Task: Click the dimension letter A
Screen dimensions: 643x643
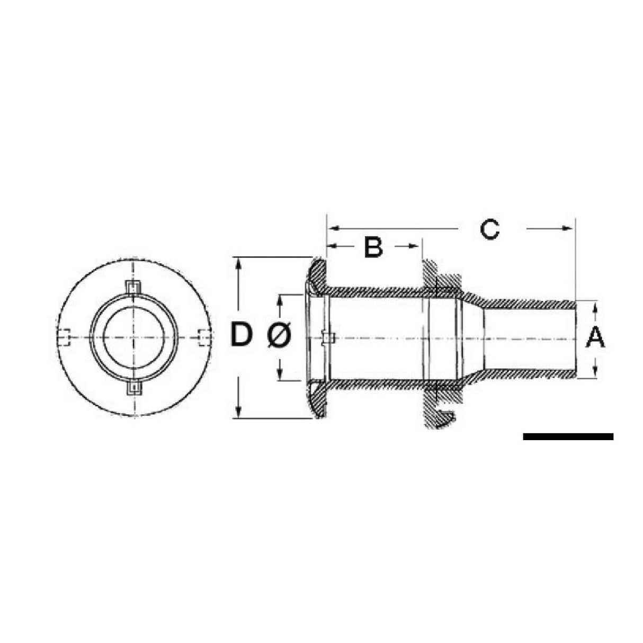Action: [x=595, y=337]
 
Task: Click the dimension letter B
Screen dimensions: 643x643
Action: [x=373, y=247]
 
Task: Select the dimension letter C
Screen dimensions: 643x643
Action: [x=489, y=229]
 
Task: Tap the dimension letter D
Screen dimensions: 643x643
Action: [x=242, y=336]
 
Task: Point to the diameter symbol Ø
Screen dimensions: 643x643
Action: [x=279, y=336]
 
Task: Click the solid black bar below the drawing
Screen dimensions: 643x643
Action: [x=568, y=436]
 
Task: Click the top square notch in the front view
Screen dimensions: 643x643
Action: [x=135, y=287]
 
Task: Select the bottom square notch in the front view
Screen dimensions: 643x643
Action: [x=135, y=388]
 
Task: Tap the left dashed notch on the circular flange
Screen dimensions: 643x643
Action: [x=64, y=337]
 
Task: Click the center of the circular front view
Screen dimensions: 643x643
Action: [x=134, y=337]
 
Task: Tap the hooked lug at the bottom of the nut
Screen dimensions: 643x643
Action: [x=445, y=418]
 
